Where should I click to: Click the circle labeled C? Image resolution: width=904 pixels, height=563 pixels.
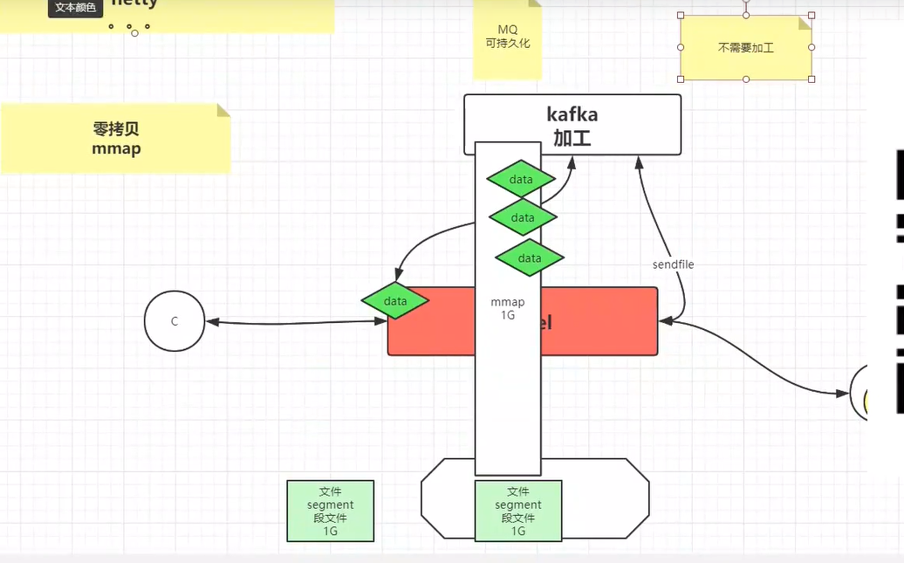(175, 321)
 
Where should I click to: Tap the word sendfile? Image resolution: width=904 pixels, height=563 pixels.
(673, 264)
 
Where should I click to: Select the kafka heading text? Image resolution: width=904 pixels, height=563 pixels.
(572, 114)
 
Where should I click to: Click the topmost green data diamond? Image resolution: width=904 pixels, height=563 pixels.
(521, 179)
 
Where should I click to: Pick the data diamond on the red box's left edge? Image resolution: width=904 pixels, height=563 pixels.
(395, 301)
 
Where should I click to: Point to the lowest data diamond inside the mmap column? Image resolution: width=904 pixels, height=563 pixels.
(530, 258)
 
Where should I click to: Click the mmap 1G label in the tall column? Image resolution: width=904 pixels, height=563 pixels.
(508, 309)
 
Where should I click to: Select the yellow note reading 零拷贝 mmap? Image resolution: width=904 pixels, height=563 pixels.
(116, 138)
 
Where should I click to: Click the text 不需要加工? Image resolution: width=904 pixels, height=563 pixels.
(746, 48)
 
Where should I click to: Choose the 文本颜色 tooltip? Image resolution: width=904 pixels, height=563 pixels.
(76, 8)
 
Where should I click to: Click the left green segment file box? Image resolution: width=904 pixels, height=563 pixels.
(330, 511)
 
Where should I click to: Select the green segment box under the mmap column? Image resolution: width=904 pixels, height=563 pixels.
(518, 511)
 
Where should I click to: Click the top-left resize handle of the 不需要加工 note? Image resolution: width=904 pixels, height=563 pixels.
(681, 15)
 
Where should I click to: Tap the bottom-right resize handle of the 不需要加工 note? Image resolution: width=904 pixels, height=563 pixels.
(812, 79)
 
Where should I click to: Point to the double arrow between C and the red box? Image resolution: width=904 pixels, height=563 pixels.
(297, 323)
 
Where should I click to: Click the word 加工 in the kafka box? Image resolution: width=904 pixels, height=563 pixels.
(572, 137)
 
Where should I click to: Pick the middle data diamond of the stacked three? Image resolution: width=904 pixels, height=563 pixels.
(523, 217)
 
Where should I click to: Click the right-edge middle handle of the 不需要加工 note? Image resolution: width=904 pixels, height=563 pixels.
(812, 47)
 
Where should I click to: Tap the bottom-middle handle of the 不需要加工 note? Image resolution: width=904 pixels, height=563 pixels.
(746, 79)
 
